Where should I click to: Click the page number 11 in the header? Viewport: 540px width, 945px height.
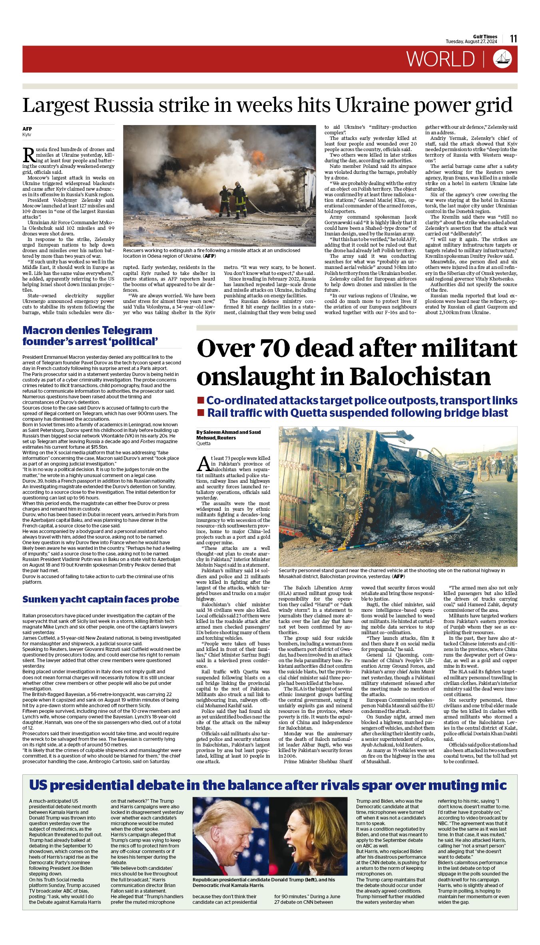[514, 39]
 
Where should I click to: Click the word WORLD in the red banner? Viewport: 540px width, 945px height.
[440, 59]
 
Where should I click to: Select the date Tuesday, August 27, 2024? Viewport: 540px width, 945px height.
[471, 42]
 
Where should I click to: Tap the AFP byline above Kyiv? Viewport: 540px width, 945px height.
[27, 129]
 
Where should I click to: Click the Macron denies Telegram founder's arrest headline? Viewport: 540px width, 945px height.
[90, 336]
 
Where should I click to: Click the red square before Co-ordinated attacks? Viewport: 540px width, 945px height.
[201, 400]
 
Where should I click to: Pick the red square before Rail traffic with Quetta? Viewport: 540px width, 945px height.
[201, 412]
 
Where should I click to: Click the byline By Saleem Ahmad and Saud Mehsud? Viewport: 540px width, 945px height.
[228, 435]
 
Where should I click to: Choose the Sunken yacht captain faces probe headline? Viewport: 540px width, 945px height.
[101, 599]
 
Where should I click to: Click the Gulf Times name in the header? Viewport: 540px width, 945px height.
[485, 37]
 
